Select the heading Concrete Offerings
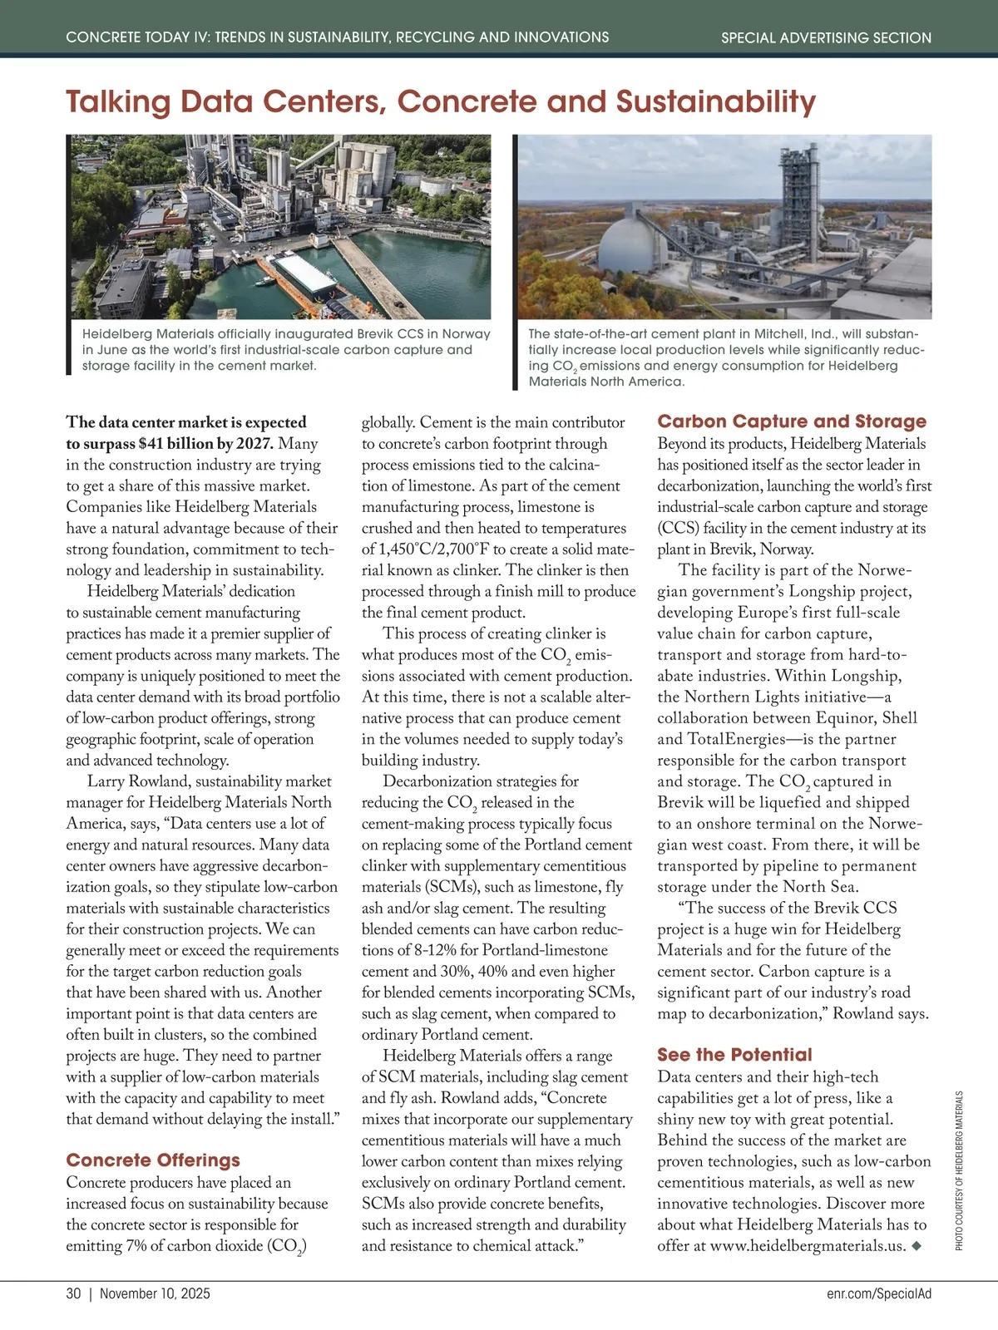[x=153, y=1160]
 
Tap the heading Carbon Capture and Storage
[x=792, y=421]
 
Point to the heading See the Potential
[x=734, y=1055]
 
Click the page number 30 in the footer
[x=73, y=1293]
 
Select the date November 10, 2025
[x=155, y=1293]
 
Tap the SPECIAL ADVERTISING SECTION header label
[x=826, y=37]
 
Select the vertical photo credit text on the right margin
[x=959, y=1170]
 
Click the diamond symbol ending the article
[x=916, y=1245]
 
